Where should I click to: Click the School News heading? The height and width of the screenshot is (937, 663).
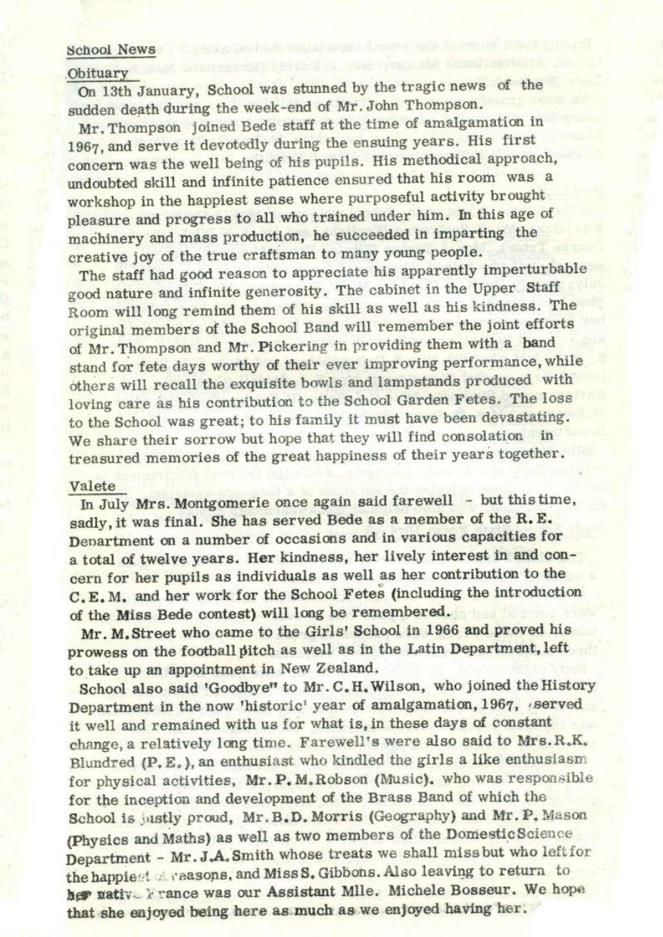click(111, 49)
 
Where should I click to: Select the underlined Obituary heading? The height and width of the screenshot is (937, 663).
click(97, 73)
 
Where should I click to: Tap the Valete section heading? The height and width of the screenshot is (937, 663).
click(93, 486)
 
